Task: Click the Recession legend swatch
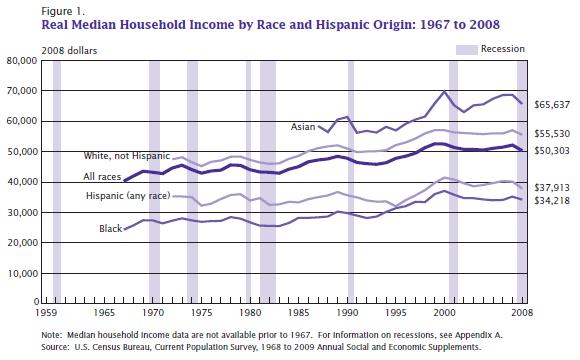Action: pos(466,50)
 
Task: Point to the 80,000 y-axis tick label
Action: pos(22,61)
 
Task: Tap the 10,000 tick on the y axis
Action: pos(22,273)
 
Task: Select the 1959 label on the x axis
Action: pos(46,313)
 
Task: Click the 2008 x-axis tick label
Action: pos(522,313)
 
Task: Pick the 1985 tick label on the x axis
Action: pos(299,313)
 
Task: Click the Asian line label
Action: pos(303,127)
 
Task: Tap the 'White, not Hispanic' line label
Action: pos(127,156)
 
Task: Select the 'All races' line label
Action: pos(102,177)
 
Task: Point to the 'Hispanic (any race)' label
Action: pos(128,195)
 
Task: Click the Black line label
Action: pos(111,229)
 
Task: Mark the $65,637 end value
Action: pos(552,105)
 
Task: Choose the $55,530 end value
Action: pos(552,134)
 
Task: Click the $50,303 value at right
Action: pos(552,151)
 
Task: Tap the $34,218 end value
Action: pos(552,201)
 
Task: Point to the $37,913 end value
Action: pos(552,188)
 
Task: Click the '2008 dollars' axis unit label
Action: pos(69,51)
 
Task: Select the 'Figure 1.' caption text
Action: pos(63,11)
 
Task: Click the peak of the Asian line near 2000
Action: pos(444,91)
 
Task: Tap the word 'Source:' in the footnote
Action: pos(55,347)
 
